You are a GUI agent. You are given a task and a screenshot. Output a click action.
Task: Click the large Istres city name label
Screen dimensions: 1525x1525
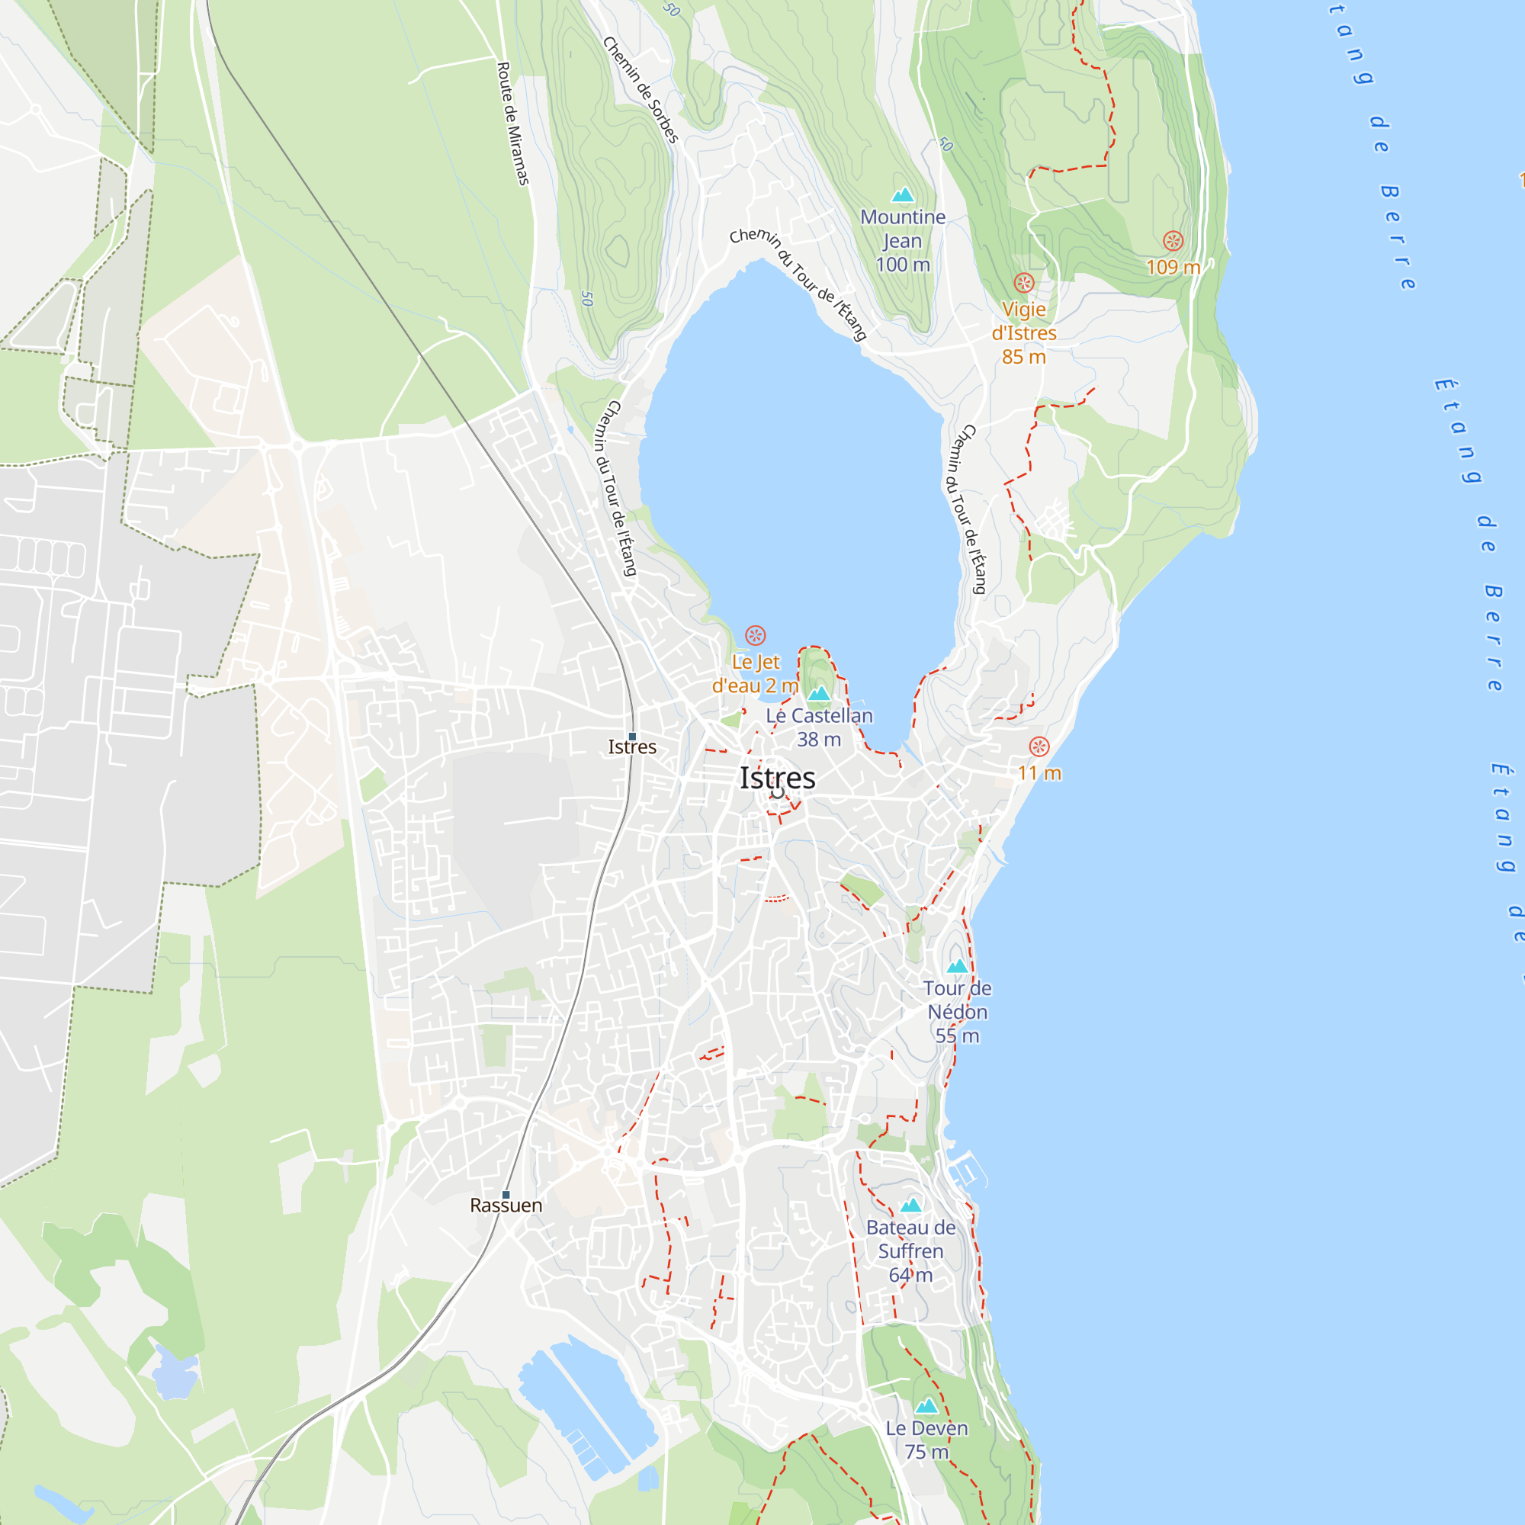778,779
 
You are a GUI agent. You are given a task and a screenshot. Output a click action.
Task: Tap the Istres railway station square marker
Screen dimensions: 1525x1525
632,737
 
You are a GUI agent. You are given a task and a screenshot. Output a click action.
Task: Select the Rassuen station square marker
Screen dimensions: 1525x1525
506,1194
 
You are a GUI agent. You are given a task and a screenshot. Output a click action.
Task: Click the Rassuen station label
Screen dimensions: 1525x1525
506,1206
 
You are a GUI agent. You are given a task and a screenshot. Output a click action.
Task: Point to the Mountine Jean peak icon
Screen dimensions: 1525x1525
902,195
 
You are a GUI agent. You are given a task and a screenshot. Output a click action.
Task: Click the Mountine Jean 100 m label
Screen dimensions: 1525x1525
902,241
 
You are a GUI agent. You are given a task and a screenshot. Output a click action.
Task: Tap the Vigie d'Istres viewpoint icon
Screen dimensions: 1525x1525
1024,283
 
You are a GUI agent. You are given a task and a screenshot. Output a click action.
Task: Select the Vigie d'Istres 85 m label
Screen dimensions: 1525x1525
1024,333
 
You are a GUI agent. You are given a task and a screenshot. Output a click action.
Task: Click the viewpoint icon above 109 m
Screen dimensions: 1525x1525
1173,241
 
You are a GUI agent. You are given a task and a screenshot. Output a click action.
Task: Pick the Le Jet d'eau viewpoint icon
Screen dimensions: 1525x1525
756,635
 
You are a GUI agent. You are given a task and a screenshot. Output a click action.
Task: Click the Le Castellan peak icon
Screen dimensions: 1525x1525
818,693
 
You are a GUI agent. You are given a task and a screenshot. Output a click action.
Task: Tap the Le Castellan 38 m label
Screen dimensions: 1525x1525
820,727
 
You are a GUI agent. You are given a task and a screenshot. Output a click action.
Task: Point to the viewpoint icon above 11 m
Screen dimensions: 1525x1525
1039,746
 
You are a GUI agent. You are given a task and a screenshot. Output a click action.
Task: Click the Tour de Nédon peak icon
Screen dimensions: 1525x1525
958,965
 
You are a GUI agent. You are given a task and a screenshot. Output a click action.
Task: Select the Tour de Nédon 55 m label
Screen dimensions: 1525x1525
958,1011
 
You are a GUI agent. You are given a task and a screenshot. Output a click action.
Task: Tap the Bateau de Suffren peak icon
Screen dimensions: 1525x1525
911,1206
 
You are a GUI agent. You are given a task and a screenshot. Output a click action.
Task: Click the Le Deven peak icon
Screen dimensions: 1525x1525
926,1406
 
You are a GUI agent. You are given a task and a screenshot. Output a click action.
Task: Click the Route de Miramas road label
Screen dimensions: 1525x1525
512,124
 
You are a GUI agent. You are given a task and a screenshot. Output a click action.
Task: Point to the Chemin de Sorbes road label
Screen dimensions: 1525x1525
640,90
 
